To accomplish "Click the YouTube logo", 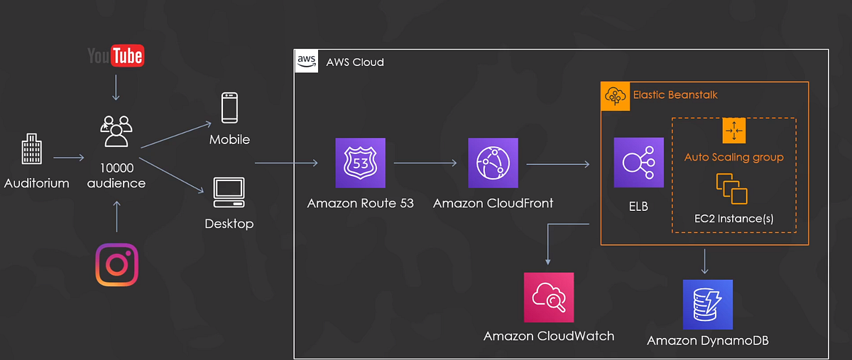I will (116, 56).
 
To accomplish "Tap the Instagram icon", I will (116, 265).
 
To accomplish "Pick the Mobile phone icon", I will (229, 109).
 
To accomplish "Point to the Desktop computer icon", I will (229, 192).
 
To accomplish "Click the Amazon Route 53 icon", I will (360, 163).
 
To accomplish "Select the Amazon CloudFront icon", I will (493, 163).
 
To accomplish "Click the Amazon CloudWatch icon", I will (548, 298).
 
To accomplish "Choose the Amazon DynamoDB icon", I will (707, 304).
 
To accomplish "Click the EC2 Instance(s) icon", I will (733, 187).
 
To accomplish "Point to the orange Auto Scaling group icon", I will (733, 130).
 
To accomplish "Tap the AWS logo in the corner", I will (305, 62).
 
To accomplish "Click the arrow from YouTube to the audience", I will (116, 89).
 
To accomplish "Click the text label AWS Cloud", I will (355, 62).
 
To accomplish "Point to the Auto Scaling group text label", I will (733, 157).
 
